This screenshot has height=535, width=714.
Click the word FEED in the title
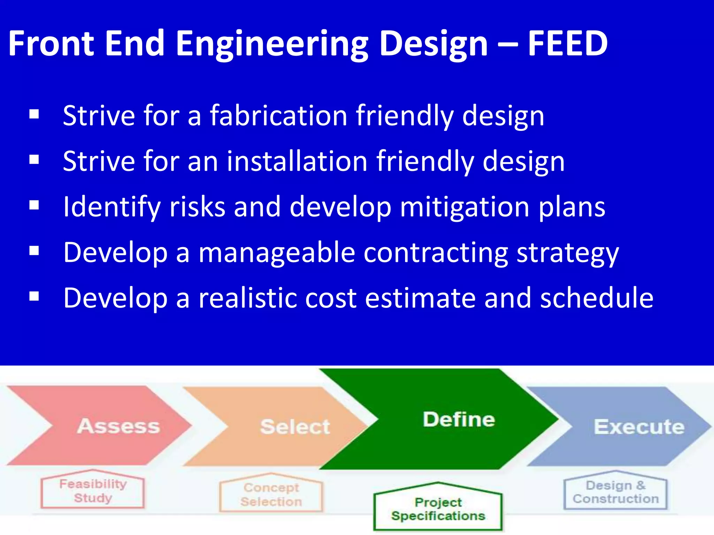point(568,44)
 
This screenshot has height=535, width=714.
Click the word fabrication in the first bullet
point(278,116)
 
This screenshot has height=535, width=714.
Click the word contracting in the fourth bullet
point(435,253)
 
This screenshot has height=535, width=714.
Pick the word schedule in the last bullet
point(597,298)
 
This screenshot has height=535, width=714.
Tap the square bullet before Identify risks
point(34,205)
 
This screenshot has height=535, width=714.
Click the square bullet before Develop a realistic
point(34,296)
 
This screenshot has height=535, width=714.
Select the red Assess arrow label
point(118,426)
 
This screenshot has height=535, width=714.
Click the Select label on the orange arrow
point(295,427)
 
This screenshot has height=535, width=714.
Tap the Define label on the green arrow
point(459,419)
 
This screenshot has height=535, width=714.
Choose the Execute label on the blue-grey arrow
point(639,427)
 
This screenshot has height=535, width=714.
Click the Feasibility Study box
point(93,491)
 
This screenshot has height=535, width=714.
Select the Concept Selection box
point(271,495)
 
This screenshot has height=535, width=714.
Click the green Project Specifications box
point(438,509)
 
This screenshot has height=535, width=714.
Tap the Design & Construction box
point(616,492)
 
